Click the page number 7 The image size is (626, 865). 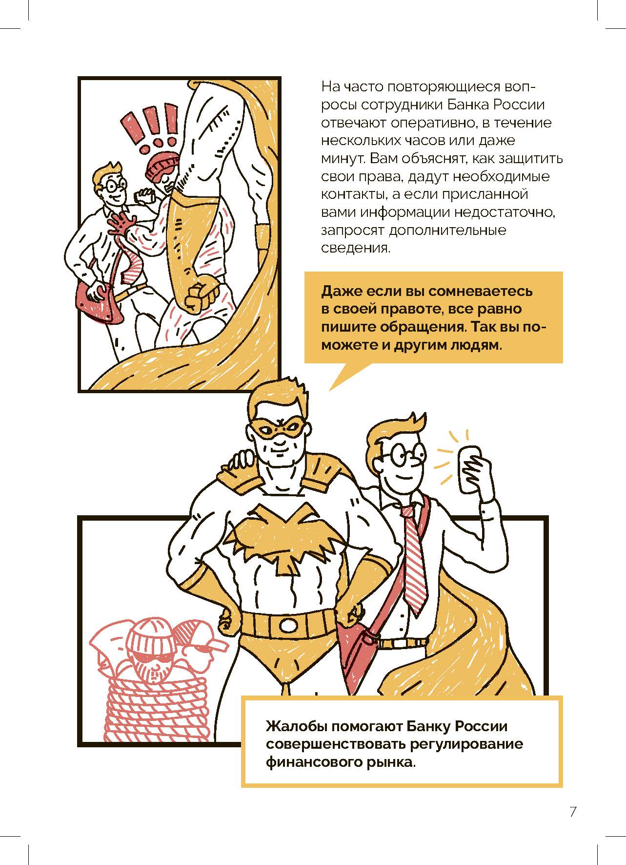pyautogui.click(x=573, y=812)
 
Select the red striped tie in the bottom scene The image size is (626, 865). pyautogui.click(x=415, y=557)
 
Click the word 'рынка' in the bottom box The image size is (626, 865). pyautogui.click(x=391, y=762)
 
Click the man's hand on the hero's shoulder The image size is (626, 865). pyautogui.click(x=242, y=462)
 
